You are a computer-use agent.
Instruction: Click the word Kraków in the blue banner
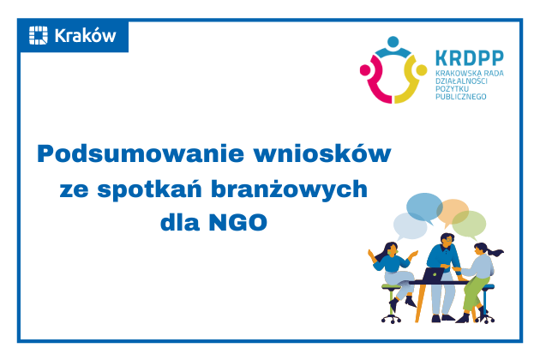point(85,35)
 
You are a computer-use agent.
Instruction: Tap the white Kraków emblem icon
point(39,35)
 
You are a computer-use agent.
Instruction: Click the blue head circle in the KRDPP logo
point(393,41)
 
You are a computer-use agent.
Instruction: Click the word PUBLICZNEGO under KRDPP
point(460,98)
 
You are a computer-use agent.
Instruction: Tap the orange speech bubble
point(453,210)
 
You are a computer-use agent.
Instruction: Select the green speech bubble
point(469,225)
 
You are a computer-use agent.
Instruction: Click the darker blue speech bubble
point(423,207)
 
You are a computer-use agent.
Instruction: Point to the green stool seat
point(392,289)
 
